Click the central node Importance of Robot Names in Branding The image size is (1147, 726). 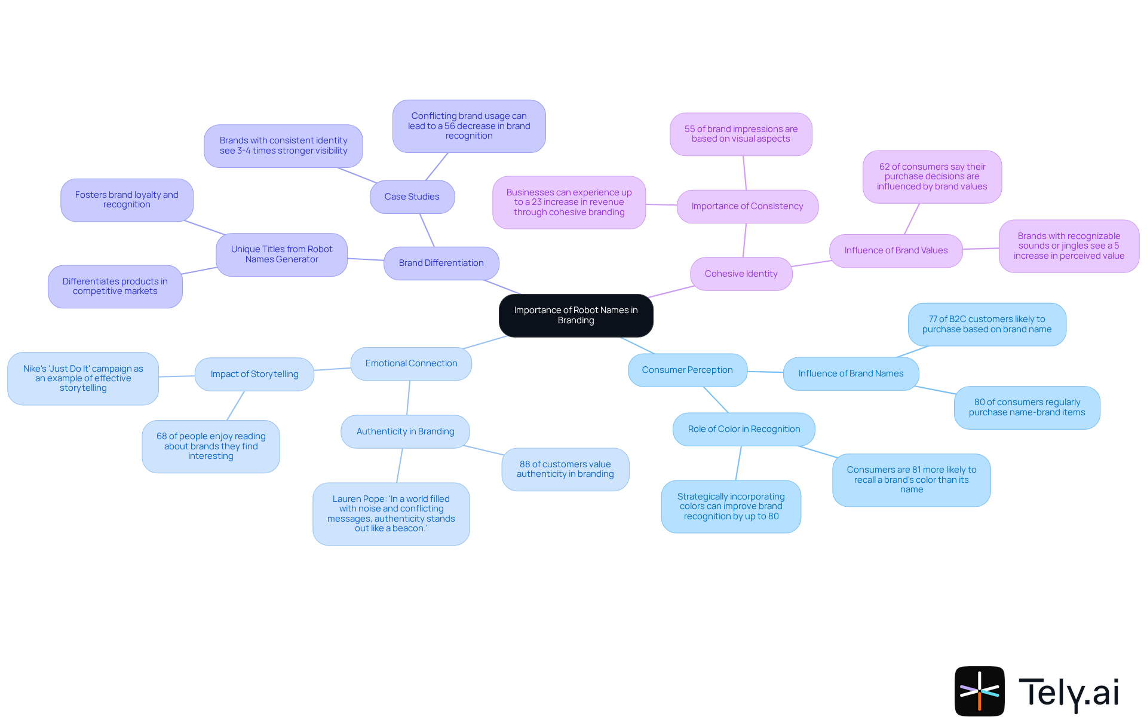[576, 315]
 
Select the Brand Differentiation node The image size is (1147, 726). [441, 263]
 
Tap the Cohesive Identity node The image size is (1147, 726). [741, 274]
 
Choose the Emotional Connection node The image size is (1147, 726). [411, 363]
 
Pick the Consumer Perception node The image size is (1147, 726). [687, 370]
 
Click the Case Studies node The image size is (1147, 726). [412, 197]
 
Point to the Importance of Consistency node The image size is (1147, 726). [747, 206]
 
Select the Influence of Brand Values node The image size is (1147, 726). [895, 250]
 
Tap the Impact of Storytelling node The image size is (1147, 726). [254, 374]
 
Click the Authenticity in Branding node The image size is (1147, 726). [405, 431]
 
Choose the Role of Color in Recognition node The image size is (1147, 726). [744, 429]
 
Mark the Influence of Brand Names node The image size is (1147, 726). [851, 373]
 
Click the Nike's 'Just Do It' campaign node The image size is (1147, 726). [83, 378]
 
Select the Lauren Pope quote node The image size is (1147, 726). [391, 513]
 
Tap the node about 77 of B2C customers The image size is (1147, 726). [986, 324]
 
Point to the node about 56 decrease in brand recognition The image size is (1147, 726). [469, 125]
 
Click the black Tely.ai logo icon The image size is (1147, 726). [979, 691]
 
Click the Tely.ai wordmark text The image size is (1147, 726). [1068, 693]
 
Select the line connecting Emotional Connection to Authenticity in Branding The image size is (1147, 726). [409, 397]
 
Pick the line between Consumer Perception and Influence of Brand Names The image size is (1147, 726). [765, 372]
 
